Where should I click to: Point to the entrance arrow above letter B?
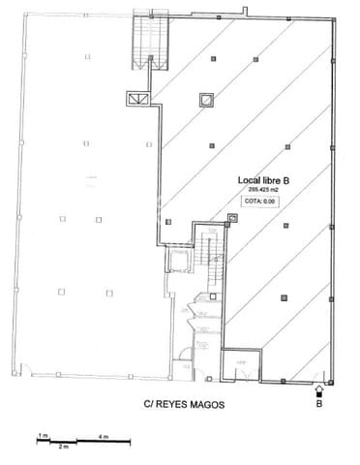(320, 390)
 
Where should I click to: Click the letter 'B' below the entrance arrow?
(320, 407)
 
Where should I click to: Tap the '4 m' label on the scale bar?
(103, 437)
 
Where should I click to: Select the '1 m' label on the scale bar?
(42, 437)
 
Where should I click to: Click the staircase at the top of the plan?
(142, 44)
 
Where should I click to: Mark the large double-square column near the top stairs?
(206, 100)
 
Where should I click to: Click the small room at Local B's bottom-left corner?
(237, 365)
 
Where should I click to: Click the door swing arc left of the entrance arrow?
(302, 378)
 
